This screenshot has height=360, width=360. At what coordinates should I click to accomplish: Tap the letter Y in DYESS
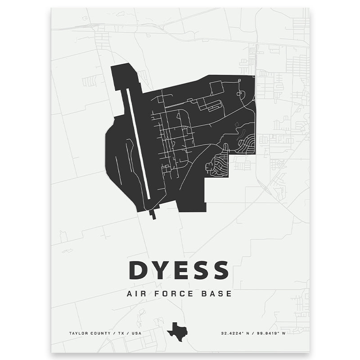161,270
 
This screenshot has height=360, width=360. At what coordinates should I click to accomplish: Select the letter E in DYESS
181,270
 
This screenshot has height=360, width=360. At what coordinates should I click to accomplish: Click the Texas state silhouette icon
177,332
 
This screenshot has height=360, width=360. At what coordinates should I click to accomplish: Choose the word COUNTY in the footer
98,333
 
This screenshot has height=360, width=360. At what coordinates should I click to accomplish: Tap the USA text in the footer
135,333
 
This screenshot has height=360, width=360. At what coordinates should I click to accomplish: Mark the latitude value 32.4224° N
236,333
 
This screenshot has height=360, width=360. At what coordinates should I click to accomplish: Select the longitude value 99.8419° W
270,333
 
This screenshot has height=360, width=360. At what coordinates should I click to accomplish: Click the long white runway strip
138,144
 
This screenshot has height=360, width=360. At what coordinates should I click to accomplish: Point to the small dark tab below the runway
153,214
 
